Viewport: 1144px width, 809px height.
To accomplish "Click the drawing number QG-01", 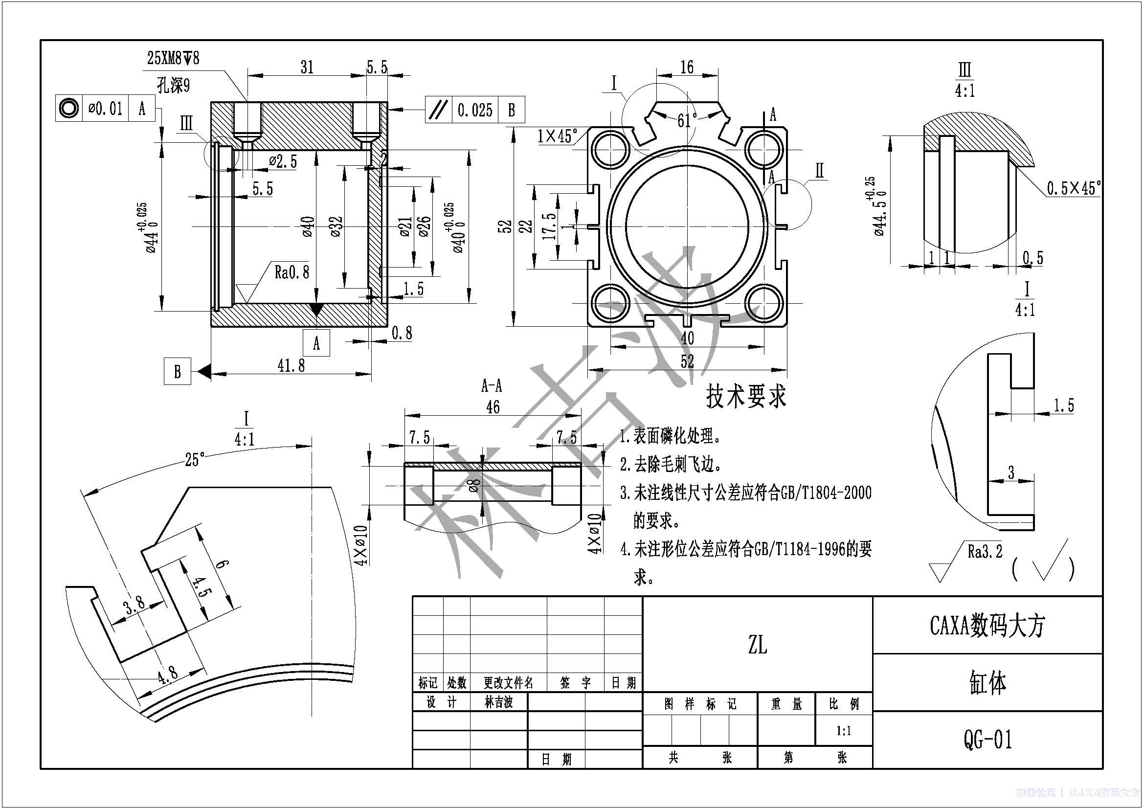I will point(987,739).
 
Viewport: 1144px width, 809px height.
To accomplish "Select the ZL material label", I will point(757,646).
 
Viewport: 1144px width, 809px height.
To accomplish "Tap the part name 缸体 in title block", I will point(987,683).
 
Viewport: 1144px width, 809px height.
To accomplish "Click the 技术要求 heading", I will point(746,397).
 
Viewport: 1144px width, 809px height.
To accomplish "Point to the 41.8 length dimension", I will point(291,366).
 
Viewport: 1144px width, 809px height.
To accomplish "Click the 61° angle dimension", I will point(687,120).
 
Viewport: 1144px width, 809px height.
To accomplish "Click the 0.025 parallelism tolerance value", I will point(474,110).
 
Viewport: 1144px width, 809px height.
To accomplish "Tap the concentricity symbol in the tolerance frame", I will point(68,108).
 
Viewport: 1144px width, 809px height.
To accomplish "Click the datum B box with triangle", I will point(178,372).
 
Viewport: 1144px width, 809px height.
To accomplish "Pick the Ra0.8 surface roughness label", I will point(292,272).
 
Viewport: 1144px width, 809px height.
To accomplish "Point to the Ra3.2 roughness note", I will point(985,551).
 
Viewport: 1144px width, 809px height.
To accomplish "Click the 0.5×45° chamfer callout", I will point(1074,188).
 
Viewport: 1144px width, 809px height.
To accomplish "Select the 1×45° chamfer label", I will point(557,135).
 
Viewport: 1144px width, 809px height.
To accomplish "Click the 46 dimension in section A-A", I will point(493,407).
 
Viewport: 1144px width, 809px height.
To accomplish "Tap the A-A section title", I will point(491,385).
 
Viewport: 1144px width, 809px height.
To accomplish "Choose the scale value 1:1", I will point(844,731).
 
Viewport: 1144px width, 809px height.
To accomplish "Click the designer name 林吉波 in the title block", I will point(498,702).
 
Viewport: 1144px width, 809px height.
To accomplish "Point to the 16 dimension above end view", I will point(687,67).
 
